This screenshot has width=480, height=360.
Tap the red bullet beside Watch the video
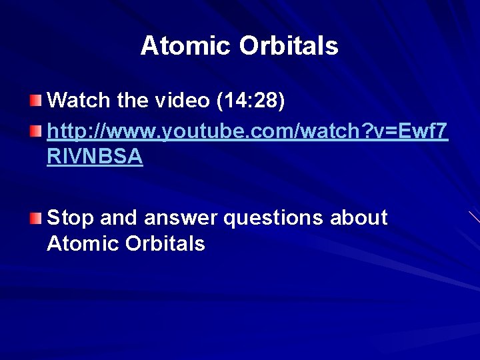[x=35, y=101]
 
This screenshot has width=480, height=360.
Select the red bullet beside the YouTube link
[x=35, y=128]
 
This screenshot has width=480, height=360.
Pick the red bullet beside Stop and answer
[x=35, y=218]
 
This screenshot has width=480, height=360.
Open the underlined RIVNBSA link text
[x=95, y=156]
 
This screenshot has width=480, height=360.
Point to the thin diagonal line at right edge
[x=474, y=217]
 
